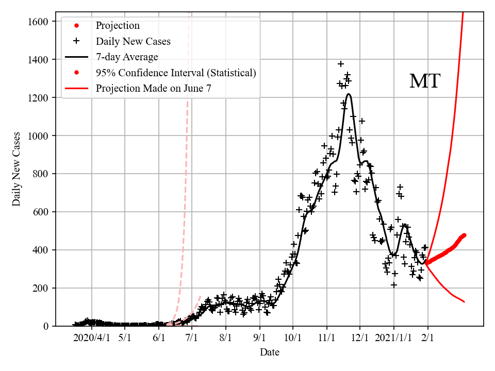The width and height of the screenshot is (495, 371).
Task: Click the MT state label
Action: click(424, 81)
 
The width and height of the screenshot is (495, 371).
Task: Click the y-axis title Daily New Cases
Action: click(17, 169)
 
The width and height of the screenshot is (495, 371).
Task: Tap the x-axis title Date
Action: click(270, 352)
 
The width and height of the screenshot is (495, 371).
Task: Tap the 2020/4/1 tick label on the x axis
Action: click(91, 339)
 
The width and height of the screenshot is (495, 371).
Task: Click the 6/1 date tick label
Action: click(159, 339)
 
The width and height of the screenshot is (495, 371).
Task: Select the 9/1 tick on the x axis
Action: click(260, 339)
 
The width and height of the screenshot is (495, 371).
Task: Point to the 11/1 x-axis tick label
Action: click(327, 339)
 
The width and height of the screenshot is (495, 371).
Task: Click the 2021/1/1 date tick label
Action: click(393, 339)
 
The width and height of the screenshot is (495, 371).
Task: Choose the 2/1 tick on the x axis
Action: click(428, 339)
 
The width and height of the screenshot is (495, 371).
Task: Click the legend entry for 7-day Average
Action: click(127, 57)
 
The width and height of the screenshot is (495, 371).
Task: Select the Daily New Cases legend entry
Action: click(133, 41)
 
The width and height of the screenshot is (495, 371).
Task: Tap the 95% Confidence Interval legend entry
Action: click(175, 73)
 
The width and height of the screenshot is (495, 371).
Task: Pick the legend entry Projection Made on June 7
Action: click(153, 88)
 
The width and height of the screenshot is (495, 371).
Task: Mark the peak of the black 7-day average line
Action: click(349, 94)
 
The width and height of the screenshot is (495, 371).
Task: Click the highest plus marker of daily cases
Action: click(341, 64)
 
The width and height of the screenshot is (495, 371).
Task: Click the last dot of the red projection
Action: click(464, 235)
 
